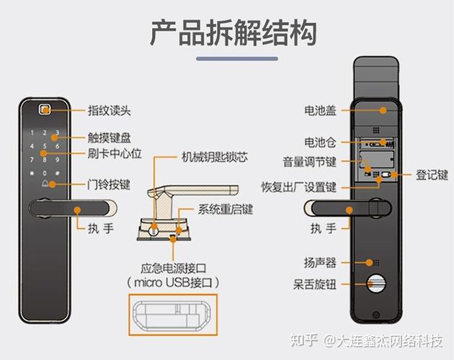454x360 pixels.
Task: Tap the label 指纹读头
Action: click(109, 111)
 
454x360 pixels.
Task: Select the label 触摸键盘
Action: click(109, 138)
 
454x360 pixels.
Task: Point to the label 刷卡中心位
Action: click(113, 153)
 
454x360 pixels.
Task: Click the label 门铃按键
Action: click(109, 184)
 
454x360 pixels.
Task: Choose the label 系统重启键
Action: click(225, 210)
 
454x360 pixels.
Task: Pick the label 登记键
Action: click(432, 174)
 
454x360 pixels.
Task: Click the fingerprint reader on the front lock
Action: click(45, 111)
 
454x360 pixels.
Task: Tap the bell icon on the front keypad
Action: click(45, 184)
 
